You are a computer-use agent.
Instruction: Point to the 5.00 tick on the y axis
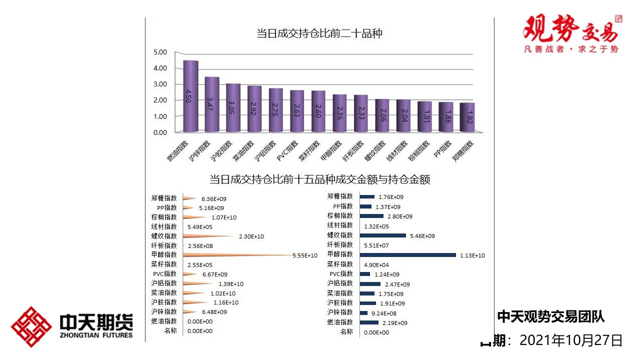(x=160, y=52)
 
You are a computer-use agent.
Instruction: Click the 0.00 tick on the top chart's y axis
(x=160, y=132)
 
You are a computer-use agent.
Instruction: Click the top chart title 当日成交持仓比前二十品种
(x=319, y=34)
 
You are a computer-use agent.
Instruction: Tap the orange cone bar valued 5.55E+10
(x=235, y=255)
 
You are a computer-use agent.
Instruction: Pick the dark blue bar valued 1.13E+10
(x=407, y=255)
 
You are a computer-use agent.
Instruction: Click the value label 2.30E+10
(x=251, y=236)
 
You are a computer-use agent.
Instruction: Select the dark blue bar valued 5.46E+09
(x=382, y=235)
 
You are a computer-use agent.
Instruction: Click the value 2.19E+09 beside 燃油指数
(x=395, y=323)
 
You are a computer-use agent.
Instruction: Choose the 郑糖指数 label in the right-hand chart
(x=340, y=196)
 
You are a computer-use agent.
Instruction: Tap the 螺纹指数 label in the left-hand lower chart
(x=164, y=236)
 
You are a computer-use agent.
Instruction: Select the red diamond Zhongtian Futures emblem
(x=31, y=327)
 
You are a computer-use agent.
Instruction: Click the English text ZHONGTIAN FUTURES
(x=96, y=335)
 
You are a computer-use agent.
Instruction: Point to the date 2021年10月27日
(x=571, y=341)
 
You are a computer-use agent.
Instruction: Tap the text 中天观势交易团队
(x=551, y=316)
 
